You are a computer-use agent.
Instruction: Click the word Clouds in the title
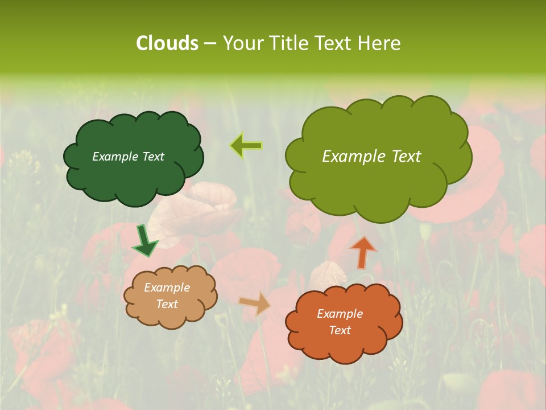167,43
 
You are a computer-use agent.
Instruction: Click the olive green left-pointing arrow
246,146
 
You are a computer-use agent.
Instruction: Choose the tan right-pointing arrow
255,303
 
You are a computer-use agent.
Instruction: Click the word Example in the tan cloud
167,288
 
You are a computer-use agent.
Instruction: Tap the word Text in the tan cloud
167,304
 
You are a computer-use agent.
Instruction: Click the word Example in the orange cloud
340,314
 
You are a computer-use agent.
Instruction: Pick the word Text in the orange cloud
340,330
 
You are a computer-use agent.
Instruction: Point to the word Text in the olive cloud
407,157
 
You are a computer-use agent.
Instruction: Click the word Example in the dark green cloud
115,157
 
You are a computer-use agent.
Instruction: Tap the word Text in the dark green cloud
152,157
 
